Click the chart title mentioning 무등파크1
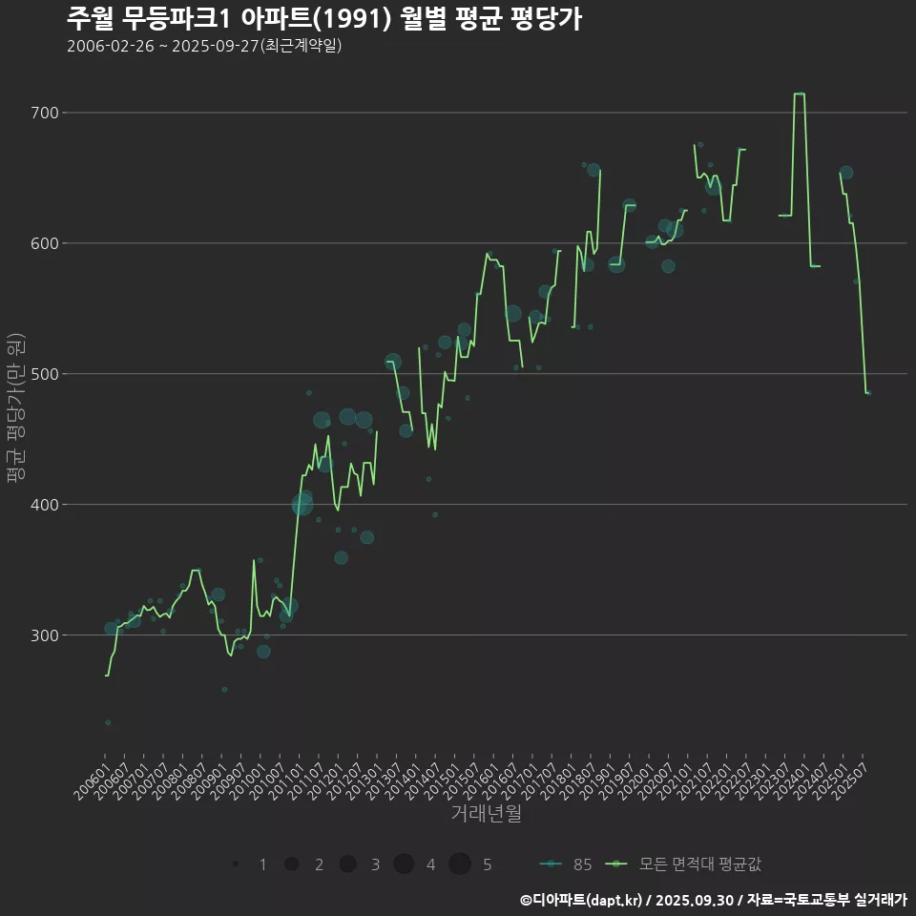coord(324,19)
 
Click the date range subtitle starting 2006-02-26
coord(204,46)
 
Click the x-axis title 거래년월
coord(487,814)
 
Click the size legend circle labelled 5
coord(460,864)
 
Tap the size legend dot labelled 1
coord(235,864)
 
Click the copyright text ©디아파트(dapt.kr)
coord(581,900)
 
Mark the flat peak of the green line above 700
coord(800,94)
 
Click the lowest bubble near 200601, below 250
coord(108,722)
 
